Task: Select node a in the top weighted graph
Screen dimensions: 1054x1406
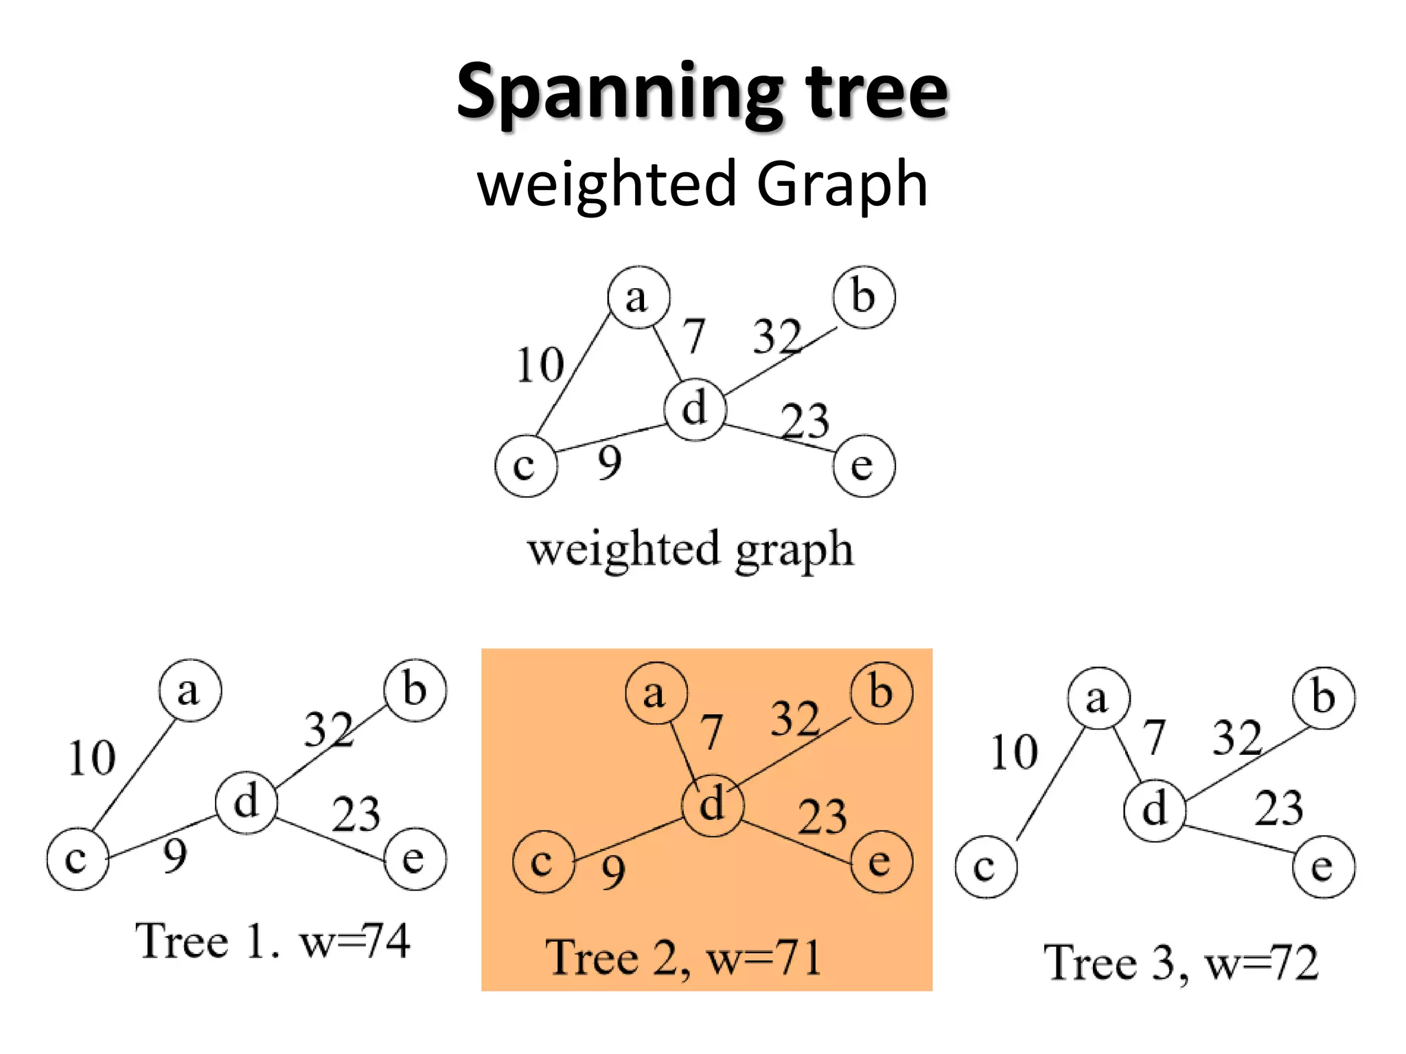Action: (638, 298)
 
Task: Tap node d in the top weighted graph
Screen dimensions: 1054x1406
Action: (695, 409)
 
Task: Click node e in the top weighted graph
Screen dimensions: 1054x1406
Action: (864, 466)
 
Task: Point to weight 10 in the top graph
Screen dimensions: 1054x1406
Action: (540, 364)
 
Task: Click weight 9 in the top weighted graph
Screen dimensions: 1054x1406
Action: (610, 462)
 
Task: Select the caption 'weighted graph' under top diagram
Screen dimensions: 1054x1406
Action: (691, 550)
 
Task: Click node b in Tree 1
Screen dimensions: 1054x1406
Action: (415, 690)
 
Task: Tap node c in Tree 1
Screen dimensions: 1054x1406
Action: (78, 859)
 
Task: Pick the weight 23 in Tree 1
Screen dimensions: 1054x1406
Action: (356, 815)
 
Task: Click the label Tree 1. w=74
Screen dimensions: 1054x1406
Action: (273, 941)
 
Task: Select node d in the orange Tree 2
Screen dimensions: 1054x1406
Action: (713, 804)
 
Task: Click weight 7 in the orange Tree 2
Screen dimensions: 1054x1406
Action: (712, 732)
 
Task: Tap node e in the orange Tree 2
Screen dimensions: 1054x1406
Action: (881, 862)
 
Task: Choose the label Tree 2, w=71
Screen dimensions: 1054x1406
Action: (683, 958)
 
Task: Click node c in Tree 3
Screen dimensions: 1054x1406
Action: (985, 867)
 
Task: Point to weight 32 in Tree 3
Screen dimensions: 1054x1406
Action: (1237, 738)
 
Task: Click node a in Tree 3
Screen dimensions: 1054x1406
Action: (1098, 699)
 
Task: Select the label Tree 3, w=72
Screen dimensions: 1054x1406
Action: (1181, 963)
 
